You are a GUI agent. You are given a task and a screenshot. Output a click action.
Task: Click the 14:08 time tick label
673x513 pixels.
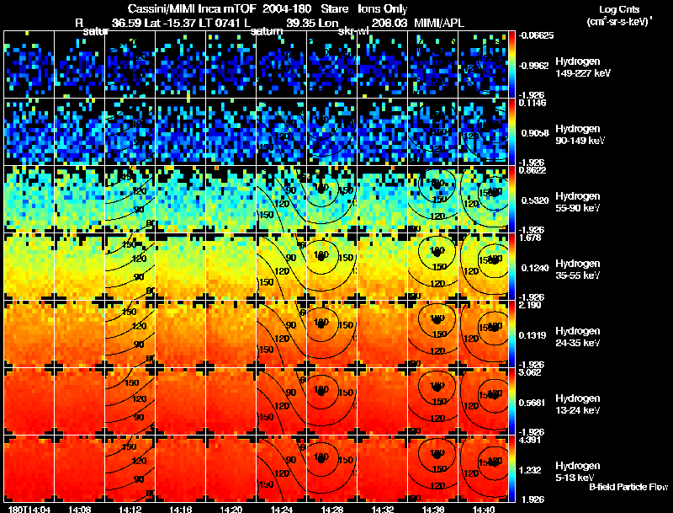80,509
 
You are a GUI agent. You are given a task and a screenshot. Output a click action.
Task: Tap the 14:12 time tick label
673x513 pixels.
130,509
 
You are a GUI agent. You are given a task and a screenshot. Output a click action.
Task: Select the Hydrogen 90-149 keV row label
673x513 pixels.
580,135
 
